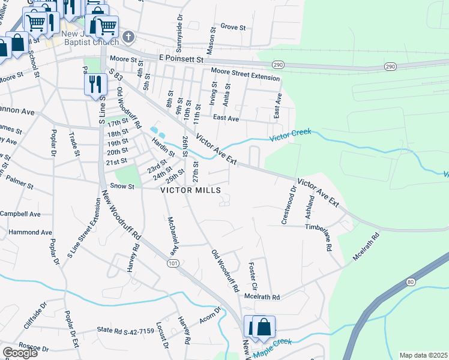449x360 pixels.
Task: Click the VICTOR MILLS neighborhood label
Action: (191, 190)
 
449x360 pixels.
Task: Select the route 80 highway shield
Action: (411, 281)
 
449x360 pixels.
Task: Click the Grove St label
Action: (234, 27)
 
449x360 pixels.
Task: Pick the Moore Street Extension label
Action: (245, 74)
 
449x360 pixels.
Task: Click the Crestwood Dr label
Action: (288, 206)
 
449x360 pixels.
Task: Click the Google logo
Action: (20, 353)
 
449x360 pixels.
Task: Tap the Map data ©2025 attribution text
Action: (423, 355)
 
